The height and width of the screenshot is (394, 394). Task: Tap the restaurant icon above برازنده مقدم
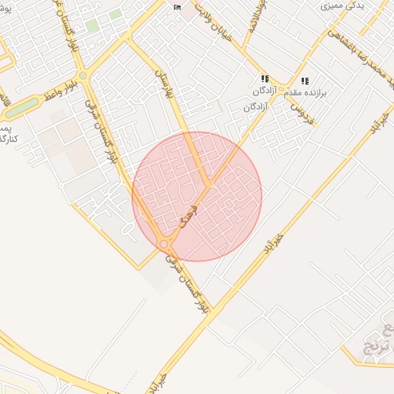click(x=305, y=80)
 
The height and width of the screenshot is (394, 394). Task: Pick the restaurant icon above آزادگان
click(x=265, y=78)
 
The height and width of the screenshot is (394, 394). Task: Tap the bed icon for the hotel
click(x=178, y=7)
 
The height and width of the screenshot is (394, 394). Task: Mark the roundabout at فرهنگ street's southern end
click(x=164, y=244)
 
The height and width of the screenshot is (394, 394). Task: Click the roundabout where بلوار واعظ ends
click(x=82, y=76)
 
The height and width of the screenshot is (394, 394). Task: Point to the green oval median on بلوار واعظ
click(x=23, y=105)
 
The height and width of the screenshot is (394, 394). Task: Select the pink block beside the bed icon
click(x=189, y=13)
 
